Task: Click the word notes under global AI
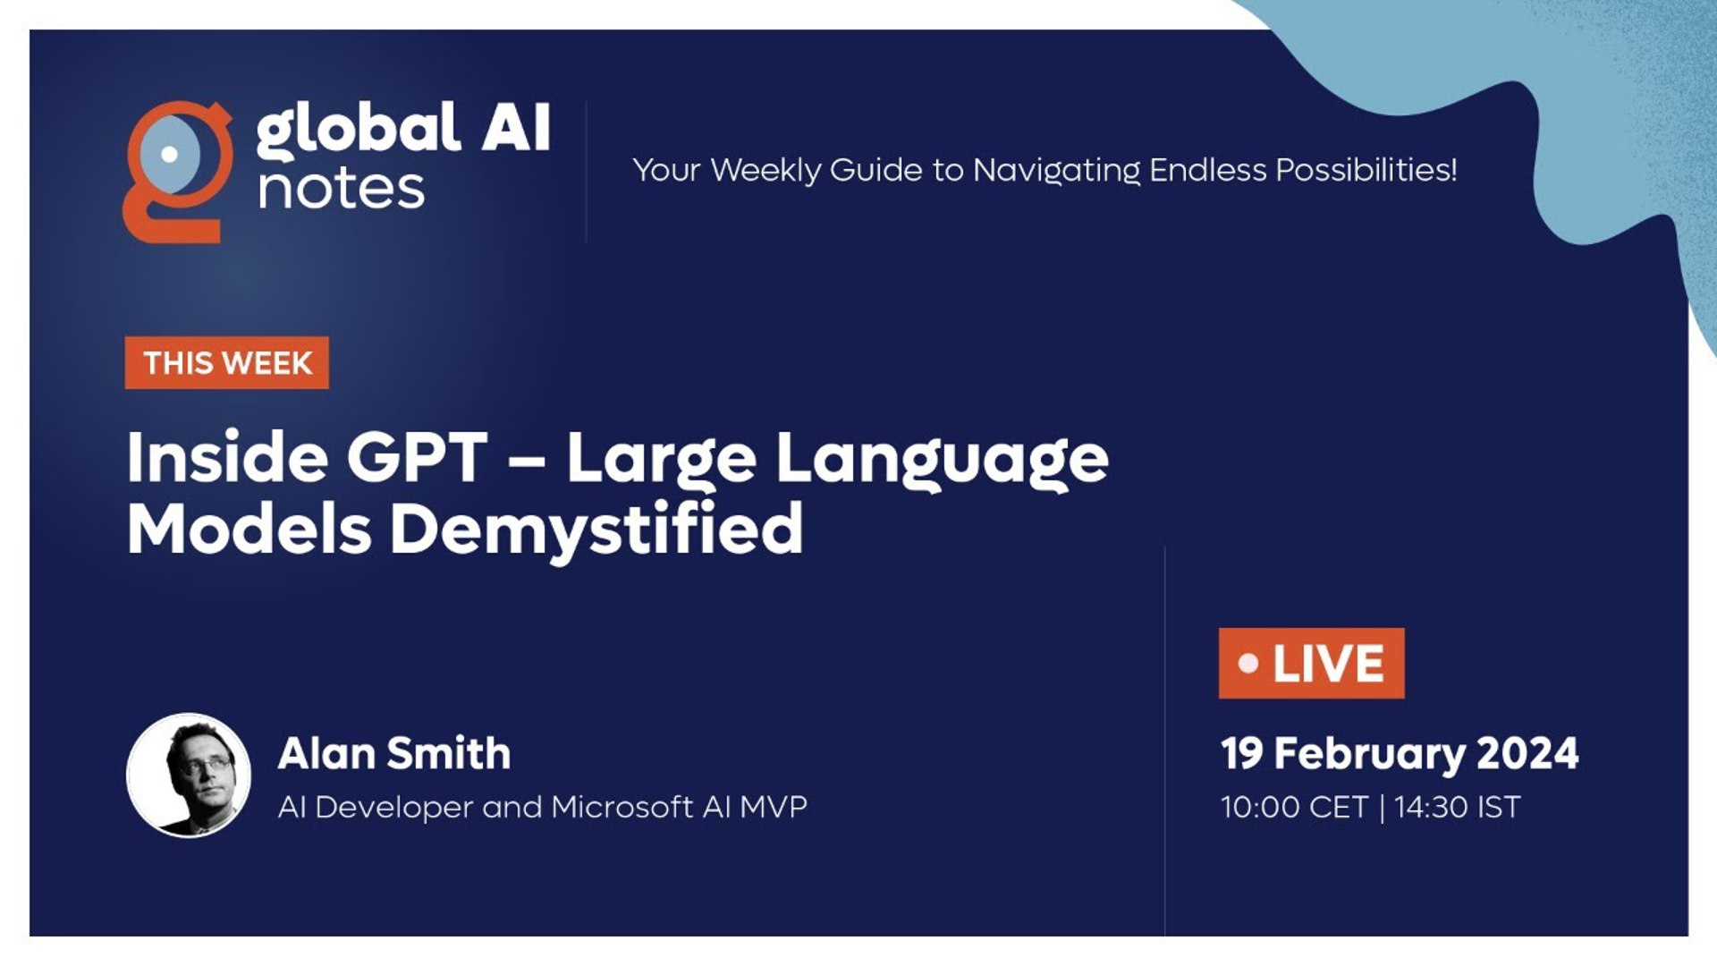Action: (x=341, y=189)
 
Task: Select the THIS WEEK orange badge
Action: (x=227, y=363)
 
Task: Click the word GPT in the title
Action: (x=418, y=458)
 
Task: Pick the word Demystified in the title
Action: (x=596, y=530)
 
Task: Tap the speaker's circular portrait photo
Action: (x=189, y=775)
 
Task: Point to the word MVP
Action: (x=774, y=807)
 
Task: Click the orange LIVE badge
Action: (x=1311, y=664)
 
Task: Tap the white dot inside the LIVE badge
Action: (x=1248, y=664)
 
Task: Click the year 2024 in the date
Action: (x=1527, y=753)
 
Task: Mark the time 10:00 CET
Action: (x=1294, y=807)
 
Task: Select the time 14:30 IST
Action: (x=1457, y=807)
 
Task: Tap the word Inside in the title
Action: (x=227, y=458)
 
